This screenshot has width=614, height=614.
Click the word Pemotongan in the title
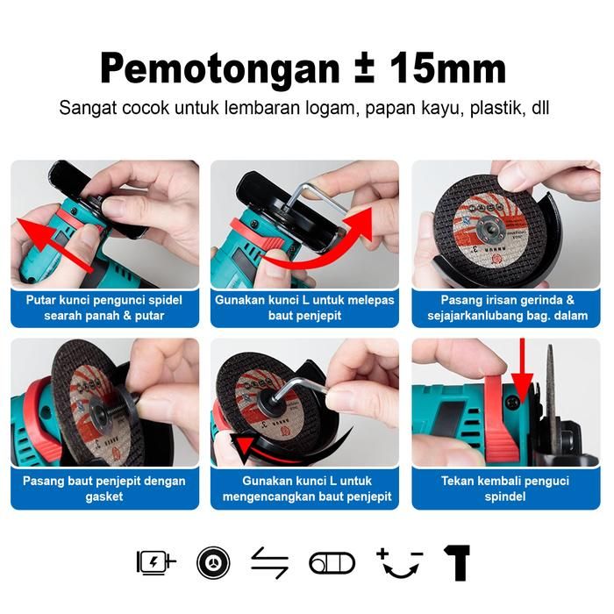click(x=219, y=68)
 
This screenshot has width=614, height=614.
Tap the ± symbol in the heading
click(x=363, y=68)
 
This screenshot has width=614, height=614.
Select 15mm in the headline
click(x=447, y=68)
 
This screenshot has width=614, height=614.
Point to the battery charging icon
click(x=156, y=563)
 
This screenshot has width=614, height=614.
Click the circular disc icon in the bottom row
click(x=213, y=563)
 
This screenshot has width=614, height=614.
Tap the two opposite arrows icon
click(x=270, y=563)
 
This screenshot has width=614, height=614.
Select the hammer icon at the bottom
click(x=457, y=563)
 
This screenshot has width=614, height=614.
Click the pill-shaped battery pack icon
click(x=332, y=563)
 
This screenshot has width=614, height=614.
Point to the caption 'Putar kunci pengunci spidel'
click(x=104, y=308)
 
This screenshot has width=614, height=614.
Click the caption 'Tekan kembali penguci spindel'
click(x=505, y=489)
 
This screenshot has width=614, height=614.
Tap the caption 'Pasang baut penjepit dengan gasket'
click(x=104, y=489)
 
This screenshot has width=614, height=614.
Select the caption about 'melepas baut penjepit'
click(x=304, y=308)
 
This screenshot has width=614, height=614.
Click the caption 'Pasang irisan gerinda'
click(x=508, y=308)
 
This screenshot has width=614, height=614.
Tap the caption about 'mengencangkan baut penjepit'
click(x=307, y=489)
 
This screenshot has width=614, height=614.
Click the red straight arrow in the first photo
click(x=54, y=244)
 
